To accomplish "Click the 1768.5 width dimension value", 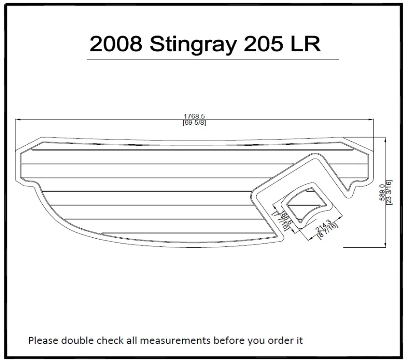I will click(x=194, y=117).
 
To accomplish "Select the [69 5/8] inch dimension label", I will click(x=194, y=123).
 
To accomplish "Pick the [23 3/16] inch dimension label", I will click(x=389, y=192).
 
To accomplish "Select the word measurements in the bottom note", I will click(x=178, y=340).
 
